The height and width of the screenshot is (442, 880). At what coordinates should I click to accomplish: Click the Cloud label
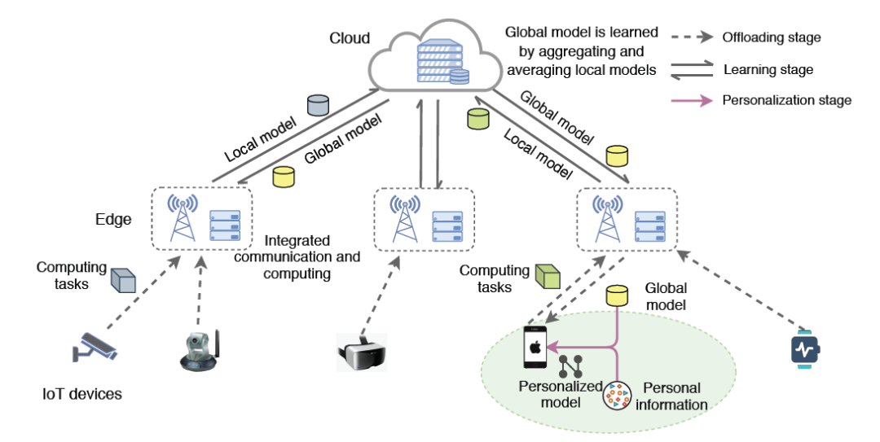pyautogui.click(x=350, y=37)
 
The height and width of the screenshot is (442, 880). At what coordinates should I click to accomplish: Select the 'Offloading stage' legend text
pyautogui.click(x=771, y=37)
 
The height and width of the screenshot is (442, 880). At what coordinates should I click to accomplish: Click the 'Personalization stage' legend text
pyautogui.click(x=787, y=100)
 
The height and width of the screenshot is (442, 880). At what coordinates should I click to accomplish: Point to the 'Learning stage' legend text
pyautogui.click(x=768, y=69)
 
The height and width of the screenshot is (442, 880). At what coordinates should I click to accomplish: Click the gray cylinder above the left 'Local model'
pyautogui.click(x=317, y=105)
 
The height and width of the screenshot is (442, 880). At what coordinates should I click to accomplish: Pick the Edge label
pyautogui.click(x=113, y=219)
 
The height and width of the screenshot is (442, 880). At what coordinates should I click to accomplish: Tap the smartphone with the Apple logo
pyautogui.click(x=535, y=348)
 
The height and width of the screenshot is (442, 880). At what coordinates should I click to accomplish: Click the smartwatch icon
pyautogui.click(x=806, y=349)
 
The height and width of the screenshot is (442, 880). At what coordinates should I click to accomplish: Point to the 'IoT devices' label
pyautogui.click(x=82, y=394)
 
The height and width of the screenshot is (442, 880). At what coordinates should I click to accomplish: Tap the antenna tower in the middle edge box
pyautogui.click(x=403, y=218)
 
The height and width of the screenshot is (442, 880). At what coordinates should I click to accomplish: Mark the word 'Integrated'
pyautogui.click(x=297, y=241)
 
